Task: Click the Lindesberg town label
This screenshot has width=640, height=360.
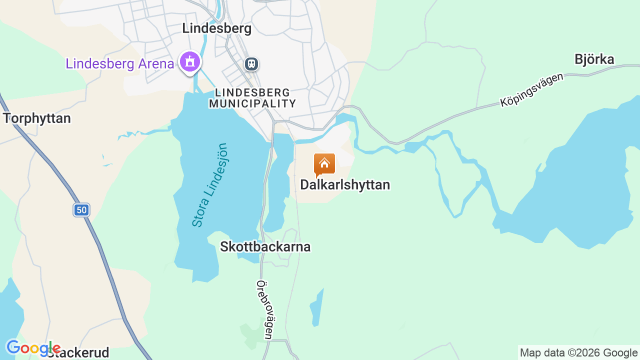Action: pos(216,28)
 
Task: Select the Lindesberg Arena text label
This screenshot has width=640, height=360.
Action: pos(120,64)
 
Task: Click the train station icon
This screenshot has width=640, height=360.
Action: pos(251,64)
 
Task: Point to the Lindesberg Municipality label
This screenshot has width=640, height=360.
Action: pos(252,98)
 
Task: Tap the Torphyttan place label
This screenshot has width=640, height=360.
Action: pos(37,118)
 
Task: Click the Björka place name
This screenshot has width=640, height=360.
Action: pos(594,59)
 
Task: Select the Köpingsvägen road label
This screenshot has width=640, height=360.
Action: pos(531,90)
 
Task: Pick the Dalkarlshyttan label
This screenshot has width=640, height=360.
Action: pos(345,185)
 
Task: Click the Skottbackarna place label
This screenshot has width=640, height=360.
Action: pos(265,247)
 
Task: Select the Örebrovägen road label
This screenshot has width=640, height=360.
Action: pos(264,309)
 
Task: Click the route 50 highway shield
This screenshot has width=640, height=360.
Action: pos(81,210)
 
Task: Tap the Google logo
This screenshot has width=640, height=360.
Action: pos(33,348)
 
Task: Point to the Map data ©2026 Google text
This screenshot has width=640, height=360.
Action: pos(578,353)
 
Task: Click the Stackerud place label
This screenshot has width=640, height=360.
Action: pos(80,353)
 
